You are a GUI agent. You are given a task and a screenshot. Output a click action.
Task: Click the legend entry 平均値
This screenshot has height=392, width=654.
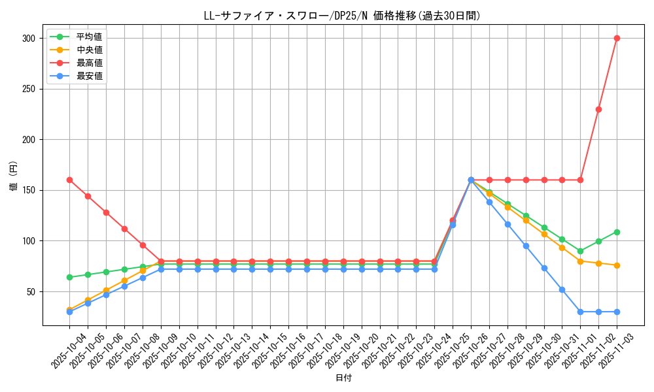[x=89, y=37]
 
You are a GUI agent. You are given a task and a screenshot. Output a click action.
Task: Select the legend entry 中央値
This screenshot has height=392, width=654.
[x=89, y=50]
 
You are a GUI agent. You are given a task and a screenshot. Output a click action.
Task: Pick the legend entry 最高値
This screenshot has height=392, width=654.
[x=89, y=63]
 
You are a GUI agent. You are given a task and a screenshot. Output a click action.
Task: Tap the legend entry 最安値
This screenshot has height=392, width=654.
[x=89, y=76]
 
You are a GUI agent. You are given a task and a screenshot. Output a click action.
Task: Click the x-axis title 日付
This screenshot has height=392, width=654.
[x=343, y=378]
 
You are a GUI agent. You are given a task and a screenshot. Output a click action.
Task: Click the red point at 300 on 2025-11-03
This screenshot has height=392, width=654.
[x=617, y=38]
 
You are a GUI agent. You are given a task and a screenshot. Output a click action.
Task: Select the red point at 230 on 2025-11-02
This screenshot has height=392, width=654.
[x=598, y=109]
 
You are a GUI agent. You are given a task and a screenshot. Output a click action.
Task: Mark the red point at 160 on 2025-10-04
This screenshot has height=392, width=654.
[x=69, y=180]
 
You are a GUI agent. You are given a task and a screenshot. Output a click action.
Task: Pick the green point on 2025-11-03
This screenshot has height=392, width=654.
[x=617, y=232]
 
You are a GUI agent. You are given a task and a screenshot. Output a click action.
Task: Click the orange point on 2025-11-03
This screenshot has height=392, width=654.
[x=617, y=265]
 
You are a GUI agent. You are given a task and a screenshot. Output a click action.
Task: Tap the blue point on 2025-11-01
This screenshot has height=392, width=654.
[x=580, y=312]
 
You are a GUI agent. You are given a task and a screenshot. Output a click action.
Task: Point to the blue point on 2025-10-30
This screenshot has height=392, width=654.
[x=544, y=268]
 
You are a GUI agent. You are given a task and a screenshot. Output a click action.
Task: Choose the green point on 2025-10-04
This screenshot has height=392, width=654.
[x=69, y=277]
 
